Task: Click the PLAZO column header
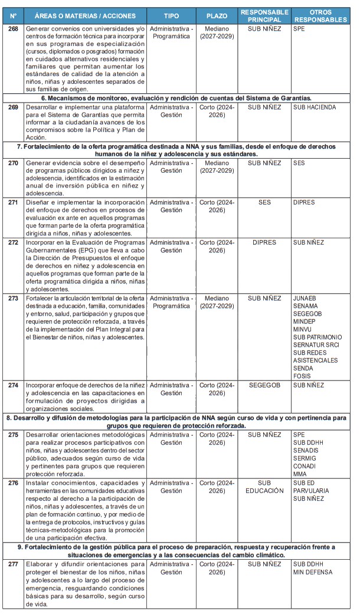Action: click(217, 16)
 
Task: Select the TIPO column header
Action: click(171, 16)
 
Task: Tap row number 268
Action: click(13, 28)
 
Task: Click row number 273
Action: click(13, 298)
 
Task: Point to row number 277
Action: click(13, 564)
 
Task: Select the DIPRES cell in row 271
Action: click(304, 202)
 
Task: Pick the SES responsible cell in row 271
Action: click(264, 202)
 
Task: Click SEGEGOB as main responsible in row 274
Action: click(264, 386)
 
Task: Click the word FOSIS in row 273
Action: click(303, 376)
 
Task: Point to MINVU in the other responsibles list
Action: click(304, 329)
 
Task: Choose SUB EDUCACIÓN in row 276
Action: click(264, 487)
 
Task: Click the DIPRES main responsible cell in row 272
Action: click(264, 242)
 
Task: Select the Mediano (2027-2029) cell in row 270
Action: click(217, 166)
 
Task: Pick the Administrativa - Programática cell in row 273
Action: click(171, 302)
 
